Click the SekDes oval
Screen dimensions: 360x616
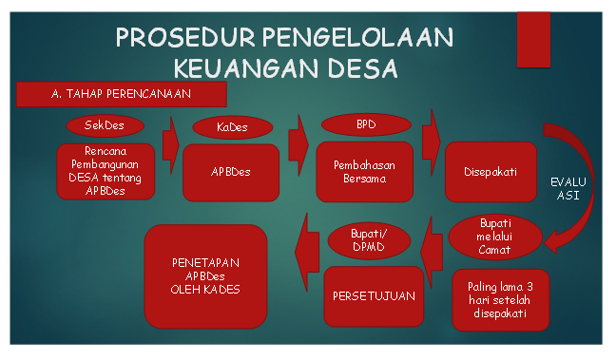click(x=105, y=125)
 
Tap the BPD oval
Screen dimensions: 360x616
click(x=366, y=124)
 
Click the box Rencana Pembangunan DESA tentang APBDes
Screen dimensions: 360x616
click(x=105, y=171)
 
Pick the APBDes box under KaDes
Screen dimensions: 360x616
click(x=231, y=173)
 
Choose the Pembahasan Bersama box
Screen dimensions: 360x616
click(x=364, y=172)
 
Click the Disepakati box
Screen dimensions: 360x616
click(x=491, y=172)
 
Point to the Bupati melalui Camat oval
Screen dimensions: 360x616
click(x=495, y=237)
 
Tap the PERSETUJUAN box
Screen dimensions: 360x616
click(x=374, y=295)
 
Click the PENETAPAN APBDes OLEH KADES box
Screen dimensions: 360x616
click(x=205, y=275)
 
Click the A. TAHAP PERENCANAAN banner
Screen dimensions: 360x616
click(x=121, y=93)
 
